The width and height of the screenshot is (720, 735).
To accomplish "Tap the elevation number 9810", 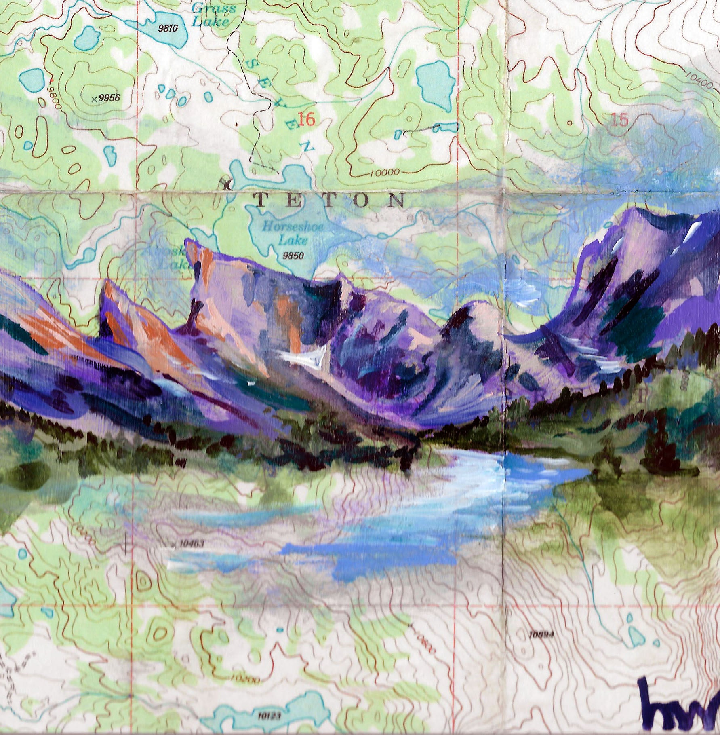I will pos(168,28).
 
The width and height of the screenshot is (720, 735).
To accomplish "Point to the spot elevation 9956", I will pos(107,98).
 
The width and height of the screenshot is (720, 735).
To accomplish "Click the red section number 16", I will pos(306,119).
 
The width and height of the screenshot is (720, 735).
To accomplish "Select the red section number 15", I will pos(619,120).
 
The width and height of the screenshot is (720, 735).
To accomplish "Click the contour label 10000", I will pos(384,173).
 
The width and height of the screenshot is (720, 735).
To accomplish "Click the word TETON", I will pos(329,201).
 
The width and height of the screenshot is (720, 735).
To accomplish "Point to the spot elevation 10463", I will pos(190,544).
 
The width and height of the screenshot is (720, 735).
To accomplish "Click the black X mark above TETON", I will pos(226,184).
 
